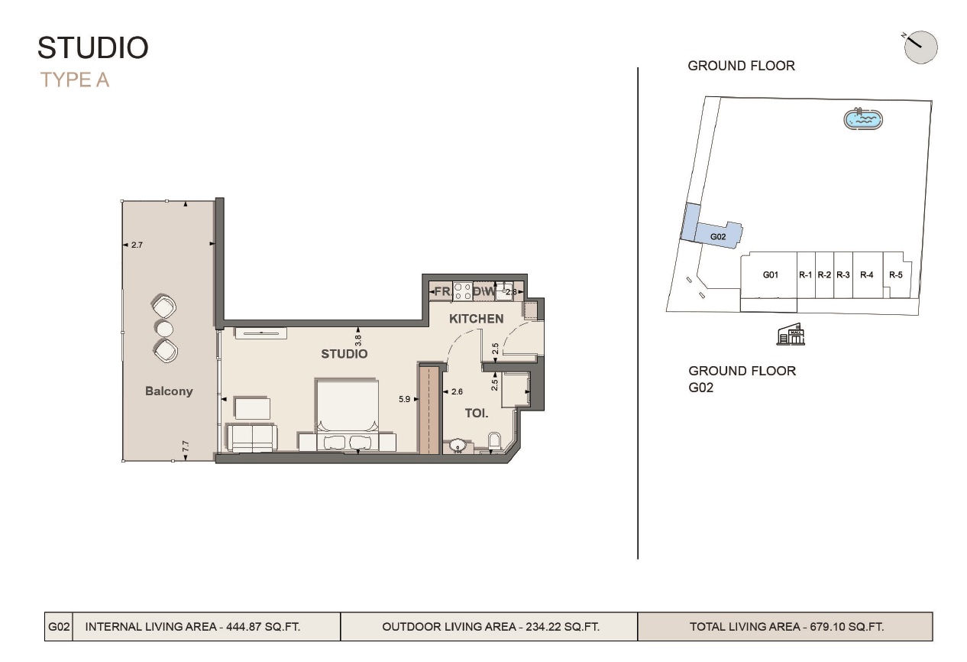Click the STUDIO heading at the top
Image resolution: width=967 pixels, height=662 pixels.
[x=92, y=47]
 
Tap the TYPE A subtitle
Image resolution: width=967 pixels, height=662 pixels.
[x=75, y=80]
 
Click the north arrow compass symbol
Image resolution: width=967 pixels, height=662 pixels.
[x=920, y=47]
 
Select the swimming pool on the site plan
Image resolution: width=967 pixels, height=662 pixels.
[x=863, y=118]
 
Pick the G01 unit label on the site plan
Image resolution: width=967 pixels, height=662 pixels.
[x=770, y=274]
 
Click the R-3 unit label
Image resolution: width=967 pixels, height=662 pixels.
[x=842, y=274]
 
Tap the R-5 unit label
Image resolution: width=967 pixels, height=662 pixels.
[x=895, y=274]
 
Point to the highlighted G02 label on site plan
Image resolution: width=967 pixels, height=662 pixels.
[x=718, y=237]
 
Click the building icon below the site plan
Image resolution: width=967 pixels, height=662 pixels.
[x=791, y=334]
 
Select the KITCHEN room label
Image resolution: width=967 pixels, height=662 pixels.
[x=476, y=319]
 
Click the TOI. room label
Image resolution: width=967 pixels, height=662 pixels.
[x=477, y=413]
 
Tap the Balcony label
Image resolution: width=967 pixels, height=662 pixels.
[x=169, y=391]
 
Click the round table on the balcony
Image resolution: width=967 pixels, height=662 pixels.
[x=164, y=329]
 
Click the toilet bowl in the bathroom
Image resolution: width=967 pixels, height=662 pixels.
[x=493, y=441]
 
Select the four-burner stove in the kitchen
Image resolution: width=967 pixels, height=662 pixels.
[x=462, y=290]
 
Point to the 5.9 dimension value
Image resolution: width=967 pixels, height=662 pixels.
[x=404, y=398]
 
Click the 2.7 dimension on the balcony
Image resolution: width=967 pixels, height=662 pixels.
[x=137, y=245]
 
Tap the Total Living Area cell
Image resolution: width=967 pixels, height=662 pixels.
[x=786, y=627]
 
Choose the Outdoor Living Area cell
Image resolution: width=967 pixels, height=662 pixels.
[x=490, y=627]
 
